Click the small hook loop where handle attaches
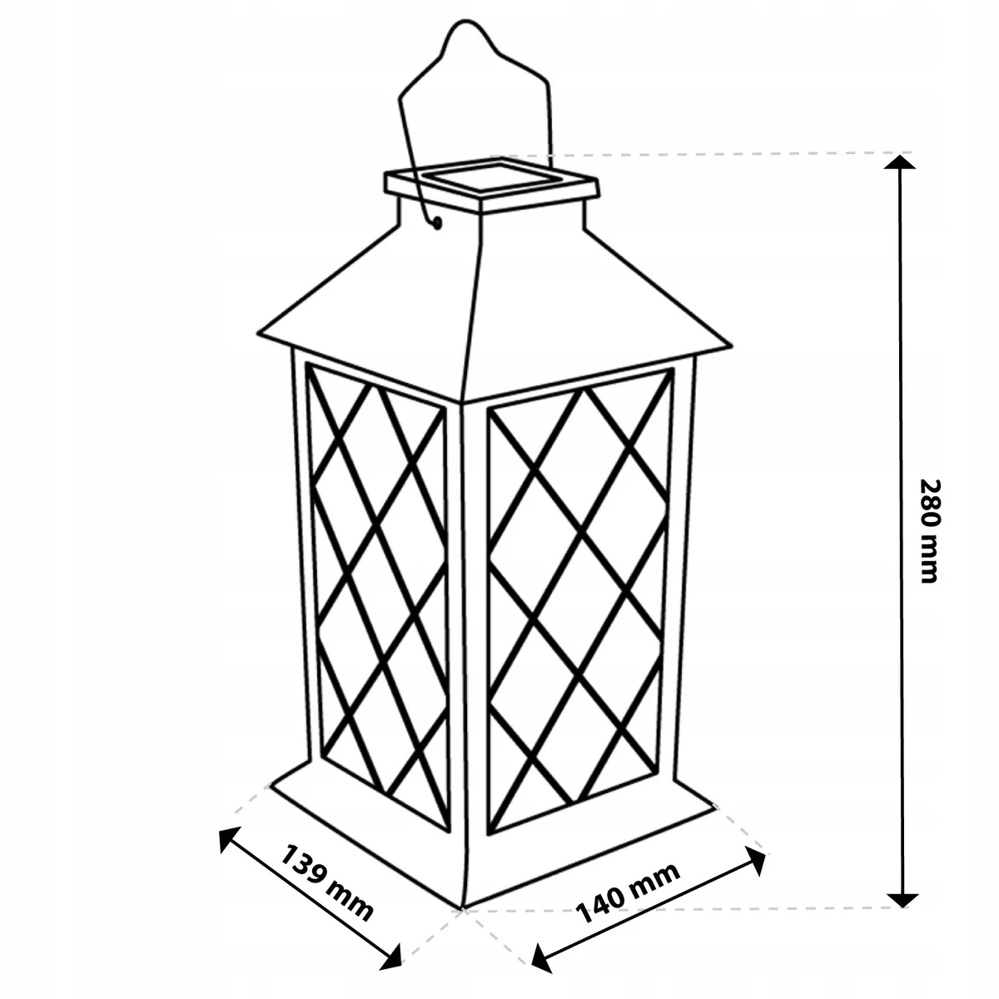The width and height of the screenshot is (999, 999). [438, 223]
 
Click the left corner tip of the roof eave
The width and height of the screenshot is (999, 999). [257, 333]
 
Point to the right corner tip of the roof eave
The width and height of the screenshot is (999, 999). [732, 345]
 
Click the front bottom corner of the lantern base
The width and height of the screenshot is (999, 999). [462, 908]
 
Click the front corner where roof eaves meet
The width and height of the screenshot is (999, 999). [460, 400]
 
